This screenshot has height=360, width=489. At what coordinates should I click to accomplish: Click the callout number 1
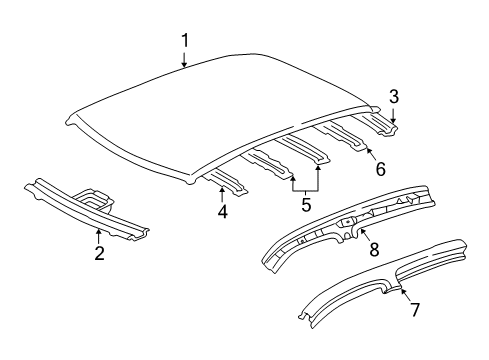(x=184, y=41)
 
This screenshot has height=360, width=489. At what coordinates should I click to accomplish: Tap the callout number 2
(x=99, y=254)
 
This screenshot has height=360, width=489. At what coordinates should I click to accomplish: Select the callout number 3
(x=394, y=97)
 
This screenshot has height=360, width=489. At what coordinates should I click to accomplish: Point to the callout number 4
(x=222, y=211)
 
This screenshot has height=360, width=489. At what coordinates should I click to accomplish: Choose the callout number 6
(x=380, y=169)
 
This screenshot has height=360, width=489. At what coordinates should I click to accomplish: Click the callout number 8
(x=373, y=249)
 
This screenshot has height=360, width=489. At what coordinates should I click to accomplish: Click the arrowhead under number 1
(x=184, y=67)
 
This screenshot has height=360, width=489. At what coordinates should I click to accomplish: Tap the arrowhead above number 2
(x=99, y=231)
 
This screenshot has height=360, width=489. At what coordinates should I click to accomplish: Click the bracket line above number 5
(x=306, y=189)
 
